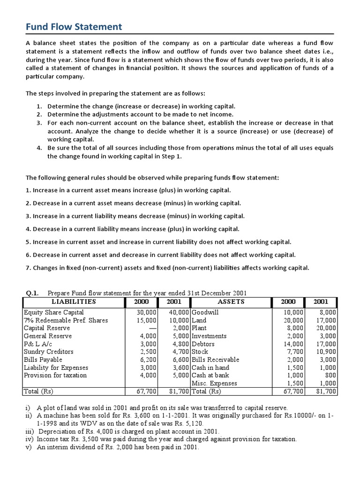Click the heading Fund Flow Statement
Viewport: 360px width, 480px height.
tap(74, 27)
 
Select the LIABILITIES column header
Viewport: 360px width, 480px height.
tap(74, 302)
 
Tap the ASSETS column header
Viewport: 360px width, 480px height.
tap(231, 302)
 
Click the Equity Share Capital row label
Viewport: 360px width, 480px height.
tap(54, 312)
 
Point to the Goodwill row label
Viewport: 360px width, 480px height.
tap(205, 312)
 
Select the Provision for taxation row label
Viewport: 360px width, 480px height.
tap(55, 375)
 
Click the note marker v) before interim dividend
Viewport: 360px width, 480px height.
tap(28, 447)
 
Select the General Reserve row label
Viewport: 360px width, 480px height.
tap(47, 336)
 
